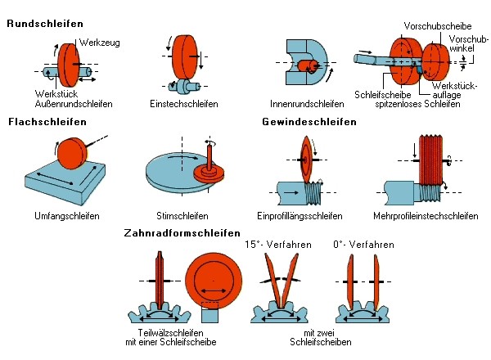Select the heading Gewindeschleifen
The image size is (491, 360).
309,122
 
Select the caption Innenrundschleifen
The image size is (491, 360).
307,104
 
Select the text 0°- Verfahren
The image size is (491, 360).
366,245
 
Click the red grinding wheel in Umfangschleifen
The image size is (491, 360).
72,152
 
